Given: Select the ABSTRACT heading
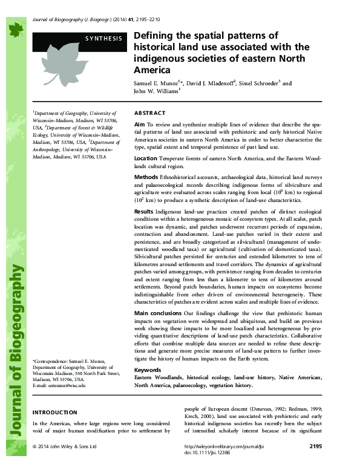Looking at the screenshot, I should (x=149, y=113).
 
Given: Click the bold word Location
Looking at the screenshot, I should (x=146, y=158).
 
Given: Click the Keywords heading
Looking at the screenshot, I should (x=148, y=369).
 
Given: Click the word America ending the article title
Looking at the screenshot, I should (x=149, y=70).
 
